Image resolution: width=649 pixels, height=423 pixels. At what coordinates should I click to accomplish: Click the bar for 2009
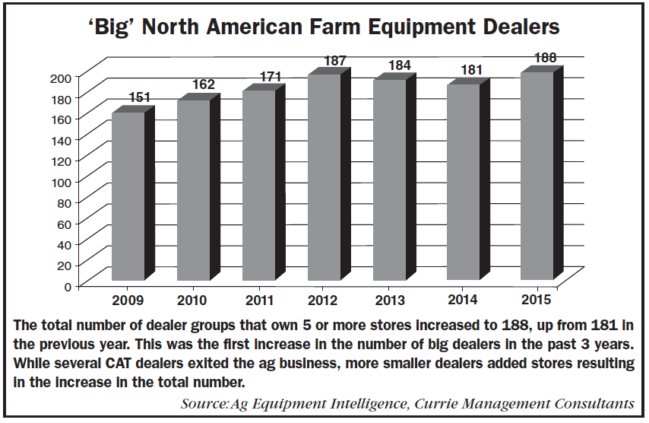128,196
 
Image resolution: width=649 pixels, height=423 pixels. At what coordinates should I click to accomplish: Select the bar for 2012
324,177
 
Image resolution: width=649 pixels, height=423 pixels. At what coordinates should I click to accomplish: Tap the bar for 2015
537,176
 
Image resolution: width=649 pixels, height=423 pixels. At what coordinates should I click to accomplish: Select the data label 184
398,66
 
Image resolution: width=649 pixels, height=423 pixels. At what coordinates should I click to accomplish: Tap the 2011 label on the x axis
258,298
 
